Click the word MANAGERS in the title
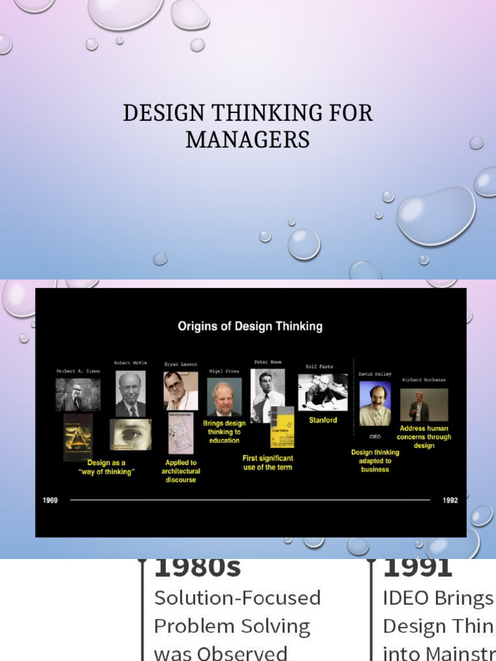(x=247, y=139)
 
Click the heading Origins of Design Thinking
(x=250, y=326)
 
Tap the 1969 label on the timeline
(x=50, y=500)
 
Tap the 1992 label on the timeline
(x=450, y=500)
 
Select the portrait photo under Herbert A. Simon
(x=77, y=394)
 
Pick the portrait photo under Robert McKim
(x=130, y=393)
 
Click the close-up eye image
(x=130, y=434)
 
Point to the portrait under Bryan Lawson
(x=180, y=391)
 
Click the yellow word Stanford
(x=322, y=420)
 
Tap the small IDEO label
(x=375, y=437)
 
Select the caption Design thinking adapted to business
(x=375, y=461)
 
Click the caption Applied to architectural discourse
(x=181, y=471)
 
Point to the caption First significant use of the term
(x=267, y=462)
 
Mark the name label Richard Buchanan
(x=424, y=380)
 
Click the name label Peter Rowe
(x=267, y=362)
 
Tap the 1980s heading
(x=197, y=568)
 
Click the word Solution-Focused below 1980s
(x=237, y=598)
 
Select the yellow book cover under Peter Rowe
(x=282, y=429)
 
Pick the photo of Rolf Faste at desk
(x=322, y=392)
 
